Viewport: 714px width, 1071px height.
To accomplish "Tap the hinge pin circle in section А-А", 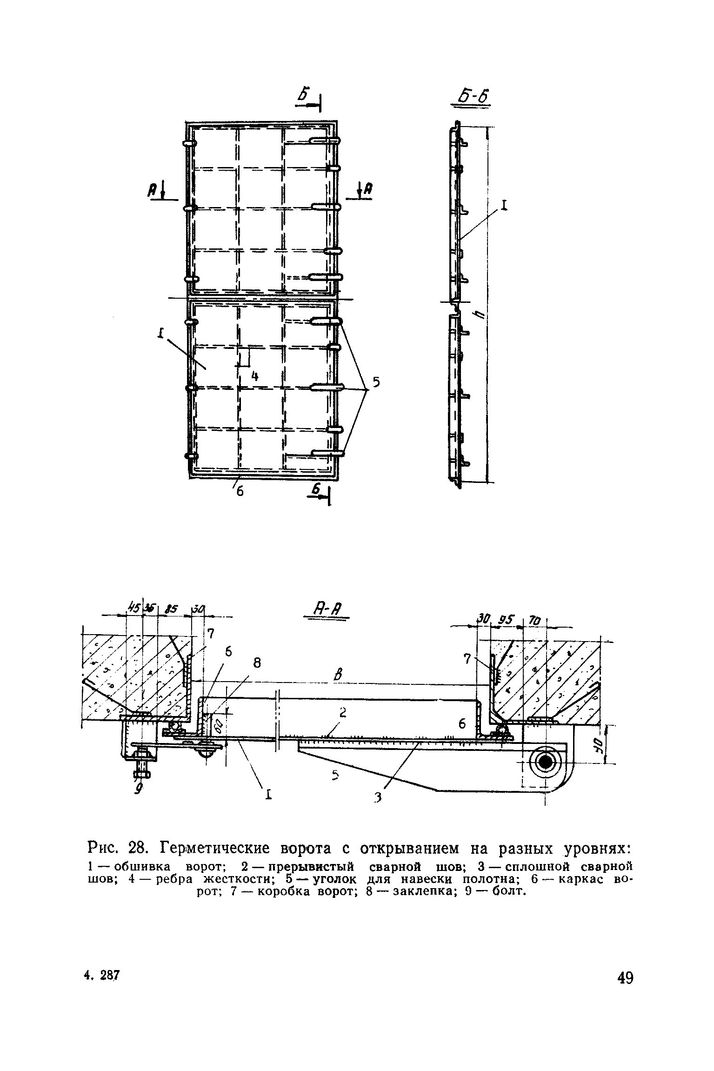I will tap(545, 762).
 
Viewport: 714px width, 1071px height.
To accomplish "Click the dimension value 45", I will tap(134, 607).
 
